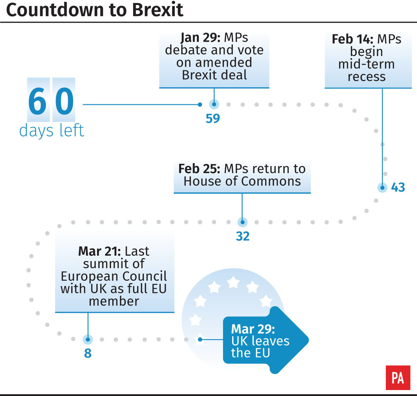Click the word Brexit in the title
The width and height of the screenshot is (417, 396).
pyautogui.click(x=157, y=10)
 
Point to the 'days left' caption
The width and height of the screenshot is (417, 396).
pyautogui.click(x=51, y=131)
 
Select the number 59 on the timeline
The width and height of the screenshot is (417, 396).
pyautogui.click(x=213, y=119)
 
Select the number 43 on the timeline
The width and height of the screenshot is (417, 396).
pyautogui.click(x=398, y=187)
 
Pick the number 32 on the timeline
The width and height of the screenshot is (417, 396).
pyautogui.click(x=243, y=236)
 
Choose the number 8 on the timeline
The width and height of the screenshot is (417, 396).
pyautogui.click(x=88, y=353)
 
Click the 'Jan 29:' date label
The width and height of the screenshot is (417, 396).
pyautogui.click(x=200, y=38)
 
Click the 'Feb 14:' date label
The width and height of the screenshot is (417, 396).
pyautogui.click(x=352, y=39)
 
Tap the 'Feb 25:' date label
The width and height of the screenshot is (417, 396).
pyautogui.click(x=199, y=169)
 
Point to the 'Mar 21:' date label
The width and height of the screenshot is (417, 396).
pyautogui.click(x=99, y=251)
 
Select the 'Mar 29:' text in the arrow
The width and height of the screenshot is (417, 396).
pyautogui.click(x=253, y=329)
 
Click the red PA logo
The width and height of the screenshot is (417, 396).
pyautogui.click(x=398, y=378)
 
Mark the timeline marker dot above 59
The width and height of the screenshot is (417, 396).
pyautogui.click(x=214, y=104)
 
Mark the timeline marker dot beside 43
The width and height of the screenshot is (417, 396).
pyautogui.click(x=382, y=188)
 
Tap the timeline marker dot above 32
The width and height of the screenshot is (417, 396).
pyautogui.click(x=242, y=222)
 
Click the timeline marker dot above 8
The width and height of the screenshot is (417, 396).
pyautogui.click(x=88, y=339)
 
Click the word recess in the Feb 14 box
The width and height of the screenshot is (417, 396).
pyautogui.click(x=367, y=77)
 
